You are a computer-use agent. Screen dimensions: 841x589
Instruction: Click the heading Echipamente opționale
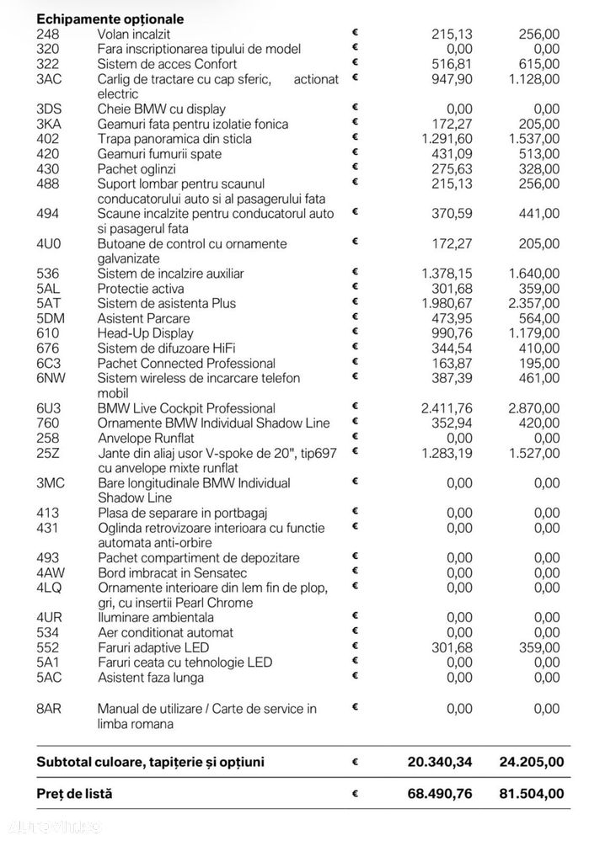[110, 19]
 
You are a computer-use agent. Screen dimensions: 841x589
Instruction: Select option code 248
[48, 34]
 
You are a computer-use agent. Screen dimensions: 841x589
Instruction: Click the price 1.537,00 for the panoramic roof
[533, 139]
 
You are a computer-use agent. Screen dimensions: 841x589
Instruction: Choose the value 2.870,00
[533, 408]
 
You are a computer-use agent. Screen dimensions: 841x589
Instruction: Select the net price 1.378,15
[447, 274]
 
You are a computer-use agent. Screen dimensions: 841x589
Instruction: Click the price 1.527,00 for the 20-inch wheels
[533, 453]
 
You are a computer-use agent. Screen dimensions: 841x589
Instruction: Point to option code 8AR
[50, 709]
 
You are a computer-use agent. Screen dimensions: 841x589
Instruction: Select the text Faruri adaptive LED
[153, 647]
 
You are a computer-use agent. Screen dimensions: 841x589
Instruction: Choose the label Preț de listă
[74, 793]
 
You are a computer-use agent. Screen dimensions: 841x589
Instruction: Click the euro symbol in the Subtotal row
[355, 762]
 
